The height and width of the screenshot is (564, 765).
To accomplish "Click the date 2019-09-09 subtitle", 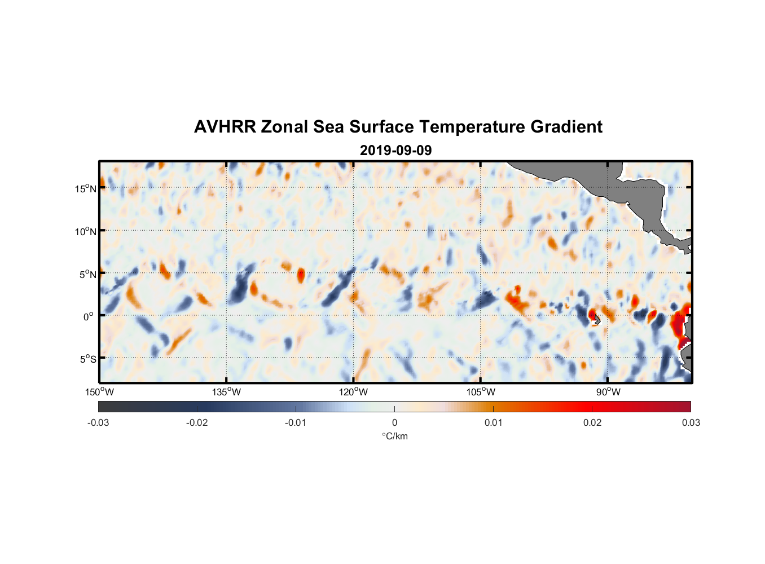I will [x=395, y=151].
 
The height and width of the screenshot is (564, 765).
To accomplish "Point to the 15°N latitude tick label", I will [x=86, y=188].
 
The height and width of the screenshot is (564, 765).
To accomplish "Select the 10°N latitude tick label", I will [x=86, y=231].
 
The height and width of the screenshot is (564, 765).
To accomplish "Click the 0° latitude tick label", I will [x=89, y=317].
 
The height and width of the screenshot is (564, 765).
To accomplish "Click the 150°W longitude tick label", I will [x=100, y=392].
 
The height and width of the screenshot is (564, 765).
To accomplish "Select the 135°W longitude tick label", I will [x=227, y=392].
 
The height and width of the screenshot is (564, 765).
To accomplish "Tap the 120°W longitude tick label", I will [x=354, y=392].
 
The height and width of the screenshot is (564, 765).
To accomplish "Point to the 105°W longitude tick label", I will [x=481, y=392].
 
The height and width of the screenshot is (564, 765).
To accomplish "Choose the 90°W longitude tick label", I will [x=608, y=392].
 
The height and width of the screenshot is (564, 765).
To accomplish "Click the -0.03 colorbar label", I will [x=98, y=423].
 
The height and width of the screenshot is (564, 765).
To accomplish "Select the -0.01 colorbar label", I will [x=296, y=423].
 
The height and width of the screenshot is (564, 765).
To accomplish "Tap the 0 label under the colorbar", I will [x=394, y=423].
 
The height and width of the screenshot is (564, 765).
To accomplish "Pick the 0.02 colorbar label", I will [x=592, y=423].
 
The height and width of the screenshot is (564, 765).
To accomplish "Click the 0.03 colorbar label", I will [x=691, y=423].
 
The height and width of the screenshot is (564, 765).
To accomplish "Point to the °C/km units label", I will [x=394, y=436].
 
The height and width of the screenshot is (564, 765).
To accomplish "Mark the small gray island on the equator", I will [x=596, y=320].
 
